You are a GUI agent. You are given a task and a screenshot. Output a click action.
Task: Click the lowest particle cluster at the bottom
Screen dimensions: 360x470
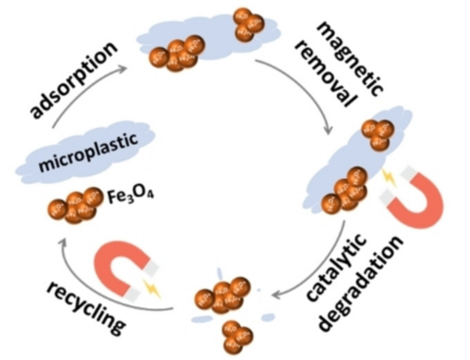tap(233, 334)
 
